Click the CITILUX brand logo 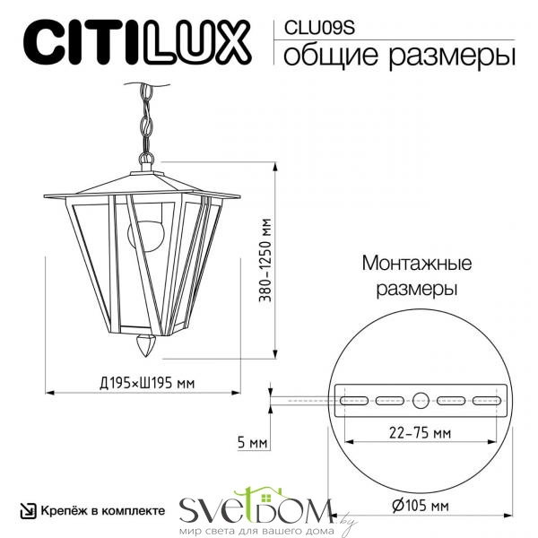(x=136, y=42)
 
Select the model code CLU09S (x=319, y=28)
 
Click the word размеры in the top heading (x=452, y=56)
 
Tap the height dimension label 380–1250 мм (x=265, y=260)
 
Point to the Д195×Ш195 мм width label (x=147, y=383)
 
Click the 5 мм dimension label (x=252, y=442)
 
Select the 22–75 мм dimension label (x=420, y=433)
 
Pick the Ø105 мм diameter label (x=420, y=506)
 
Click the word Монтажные (x=417, y=264)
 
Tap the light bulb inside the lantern (x=146, y=234)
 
